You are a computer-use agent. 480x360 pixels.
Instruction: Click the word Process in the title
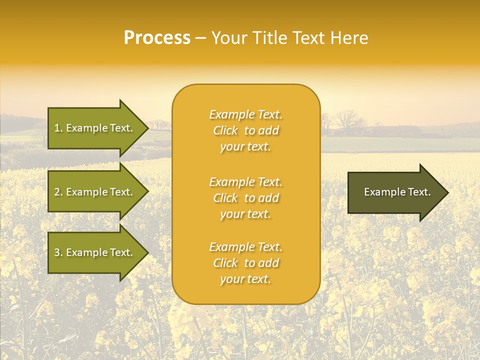tap(157, 38)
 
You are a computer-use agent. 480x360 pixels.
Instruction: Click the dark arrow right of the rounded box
tap(395, 192)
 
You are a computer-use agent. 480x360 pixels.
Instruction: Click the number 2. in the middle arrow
tap(58, 192)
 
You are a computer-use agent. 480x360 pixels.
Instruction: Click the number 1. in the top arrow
tap(58, 128)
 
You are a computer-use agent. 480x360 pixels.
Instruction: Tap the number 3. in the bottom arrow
tap(58, 252)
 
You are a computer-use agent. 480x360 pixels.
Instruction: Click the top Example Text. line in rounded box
tap(245, 114)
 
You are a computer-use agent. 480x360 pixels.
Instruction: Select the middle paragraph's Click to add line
tap(245, 198)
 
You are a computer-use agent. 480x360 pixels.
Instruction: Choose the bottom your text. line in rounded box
tap(245, 279)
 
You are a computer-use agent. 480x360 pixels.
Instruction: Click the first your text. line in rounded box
tap(245, 146)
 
